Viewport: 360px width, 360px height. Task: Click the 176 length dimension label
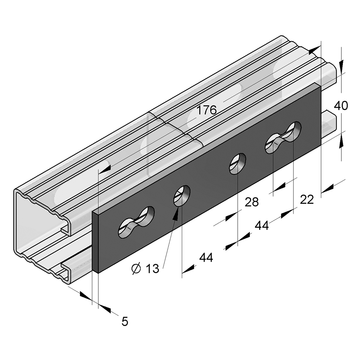207,110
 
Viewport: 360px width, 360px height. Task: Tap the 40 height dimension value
341,106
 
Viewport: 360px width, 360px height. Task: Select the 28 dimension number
252,202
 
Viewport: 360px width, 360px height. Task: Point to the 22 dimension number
307,200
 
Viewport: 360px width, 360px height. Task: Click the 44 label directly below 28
262,226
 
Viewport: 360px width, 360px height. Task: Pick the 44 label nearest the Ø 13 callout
206,258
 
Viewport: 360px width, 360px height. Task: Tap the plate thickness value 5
125,322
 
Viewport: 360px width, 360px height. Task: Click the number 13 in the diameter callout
152,268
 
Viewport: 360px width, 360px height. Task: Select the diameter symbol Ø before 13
136,269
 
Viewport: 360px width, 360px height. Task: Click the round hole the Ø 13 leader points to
182,195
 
